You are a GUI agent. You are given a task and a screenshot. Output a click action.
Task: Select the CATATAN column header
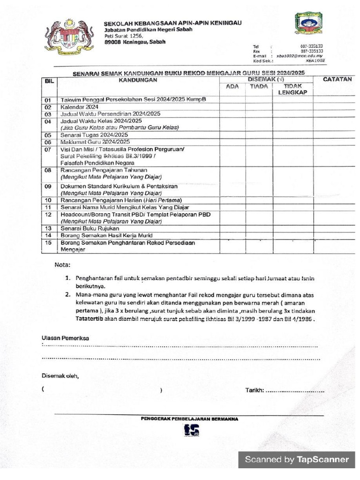click(x=337, y=80)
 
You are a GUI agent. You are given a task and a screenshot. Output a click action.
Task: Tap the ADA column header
click(x=232, y=87)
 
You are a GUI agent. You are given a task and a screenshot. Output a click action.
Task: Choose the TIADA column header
click(x=259, y=87)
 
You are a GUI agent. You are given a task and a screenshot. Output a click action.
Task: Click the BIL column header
click(x=49, y=81)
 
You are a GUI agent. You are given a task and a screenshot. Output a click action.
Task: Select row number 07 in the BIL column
click(x=48, y=150)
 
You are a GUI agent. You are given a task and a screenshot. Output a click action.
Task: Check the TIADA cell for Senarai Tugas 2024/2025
click(x=259, y=135)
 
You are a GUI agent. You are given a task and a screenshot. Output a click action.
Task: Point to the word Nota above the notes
click(x=62, y=265)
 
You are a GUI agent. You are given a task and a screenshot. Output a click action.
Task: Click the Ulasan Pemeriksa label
click(x=65, y=338)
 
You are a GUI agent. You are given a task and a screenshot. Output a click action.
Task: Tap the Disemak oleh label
click(x=60, y=375)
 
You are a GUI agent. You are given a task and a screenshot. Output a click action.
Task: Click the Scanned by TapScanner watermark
click(x=297, y=459)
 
